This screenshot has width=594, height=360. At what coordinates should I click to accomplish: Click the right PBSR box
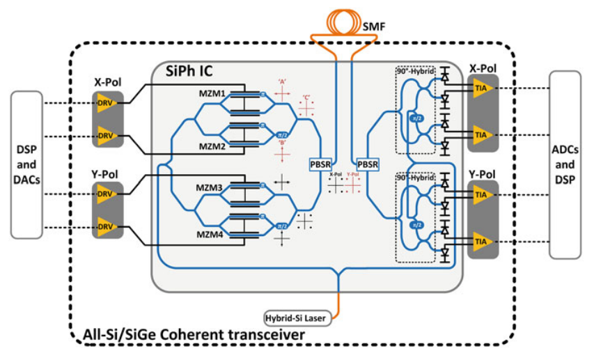[367, 164]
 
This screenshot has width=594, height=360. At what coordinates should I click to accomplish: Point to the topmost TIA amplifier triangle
[480, 90]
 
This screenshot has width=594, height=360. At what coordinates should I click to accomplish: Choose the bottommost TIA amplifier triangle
[480, 242]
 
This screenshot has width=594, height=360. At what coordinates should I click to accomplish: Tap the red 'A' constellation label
[283, 81]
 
